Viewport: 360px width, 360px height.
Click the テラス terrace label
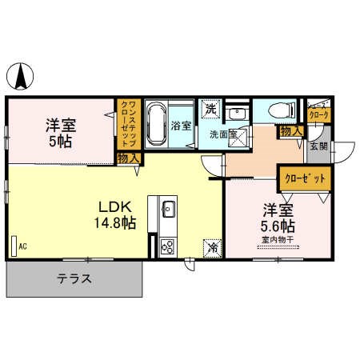[x=74, y=280]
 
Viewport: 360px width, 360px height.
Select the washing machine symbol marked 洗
[x=211, y=108]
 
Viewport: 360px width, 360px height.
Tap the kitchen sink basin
[x=168, y=211]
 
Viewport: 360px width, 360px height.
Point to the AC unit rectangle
[x=14, y=246]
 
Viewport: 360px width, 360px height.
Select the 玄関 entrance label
[x=319, y=146]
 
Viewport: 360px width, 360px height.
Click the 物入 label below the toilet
[x=290, y=130]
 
